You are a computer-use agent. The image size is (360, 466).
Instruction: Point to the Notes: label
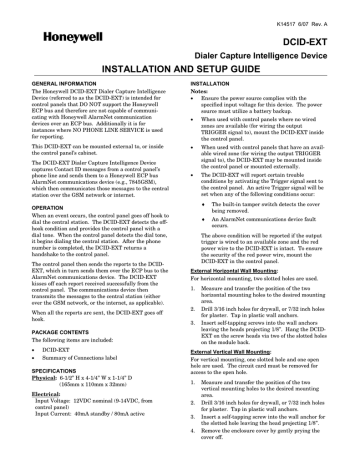(x=200, y=96)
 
